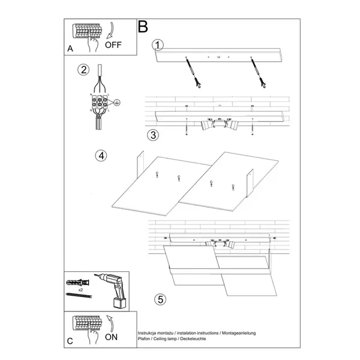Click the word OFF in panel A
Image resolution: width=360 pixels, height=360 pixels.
(113, 44)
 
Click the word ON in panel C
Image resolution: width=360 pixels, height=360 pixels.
(112, 337)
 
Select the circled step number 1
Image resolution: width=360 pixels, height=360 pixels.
(157, 46)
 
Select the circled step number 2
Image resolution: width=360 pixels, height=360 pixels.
(83, 70)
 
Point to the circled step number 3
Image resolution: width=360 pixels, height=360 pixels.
(154, 134)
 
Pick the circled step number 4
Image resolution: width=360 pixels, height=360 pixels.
(101, 155)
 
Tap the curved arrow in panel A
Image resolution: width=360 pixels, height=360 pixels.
(112, 29)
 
